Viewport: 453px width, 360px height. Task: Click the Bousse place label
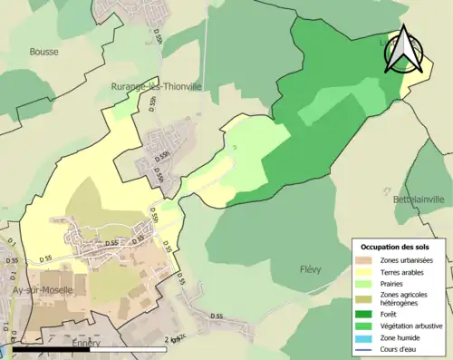43,52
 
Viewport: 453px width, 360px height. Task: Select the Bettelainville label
419,199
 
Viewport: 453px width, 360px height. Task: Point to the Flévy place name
311,269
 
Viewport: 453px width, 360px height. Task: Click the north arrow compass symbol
403,51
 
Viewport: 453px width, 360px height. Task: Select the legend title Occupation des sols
396,247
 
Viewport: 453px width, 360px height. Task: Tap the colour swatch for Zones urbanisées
367,261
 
